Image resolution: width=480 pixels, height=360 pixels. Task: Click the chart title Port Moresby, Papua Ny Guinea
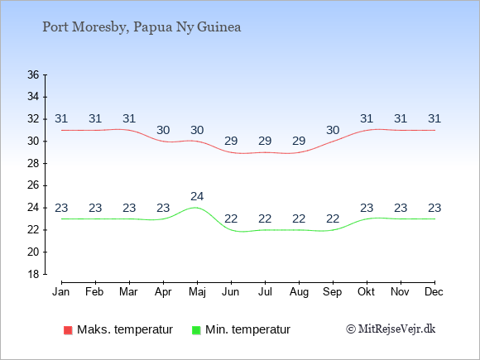(142, 27)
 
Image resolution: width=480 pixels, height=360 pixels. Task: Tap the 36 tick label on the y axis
(33, 74)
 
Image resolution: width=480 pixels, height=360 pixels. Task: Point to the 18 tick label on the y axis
(33, 274)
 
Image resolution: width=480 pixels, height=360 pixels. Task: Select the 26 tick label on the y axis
(33, 185)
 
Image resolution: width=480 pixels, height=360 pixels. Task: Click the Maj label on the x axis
(197, 292)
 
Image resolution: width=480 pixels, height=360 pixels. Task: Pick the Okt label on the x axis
(366, 292)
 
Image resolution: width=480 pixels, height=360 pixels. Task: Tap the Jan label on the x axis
(61, 292)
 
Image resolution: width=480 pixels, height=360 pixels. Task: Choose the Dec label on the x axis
(434, 292)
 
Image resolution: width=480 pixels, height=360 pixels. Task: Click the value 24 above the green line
(197, 196)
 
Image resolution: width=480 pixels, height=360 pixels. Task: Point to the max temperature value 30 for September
(333, 131)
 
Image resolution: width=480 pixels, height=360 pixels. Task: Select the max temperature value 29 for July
(265, 142)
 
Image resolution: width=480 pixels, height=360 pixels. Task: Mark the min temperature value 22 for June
(231, 218)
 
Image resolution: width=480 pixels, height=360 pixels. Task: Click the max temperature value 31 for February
(95, 118)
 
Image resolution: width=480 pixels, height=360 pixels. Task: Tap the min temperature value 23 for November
(401, 209)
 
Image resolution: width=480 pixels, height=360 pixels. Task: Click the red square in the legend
(68, 330)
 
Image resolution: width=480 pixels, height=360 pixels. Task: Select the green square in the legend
(196, 330)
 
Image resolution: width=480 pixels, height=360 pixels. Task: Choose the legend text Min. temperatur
(247, 329)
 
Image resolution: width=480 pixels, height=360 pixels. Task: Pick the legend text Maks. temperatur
(125, 329)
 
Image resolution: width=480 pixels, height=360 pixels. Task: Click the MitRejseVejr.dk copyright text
(391, 329)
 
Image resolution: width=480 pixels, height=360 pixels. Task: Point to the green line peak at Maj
(196, 208)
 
